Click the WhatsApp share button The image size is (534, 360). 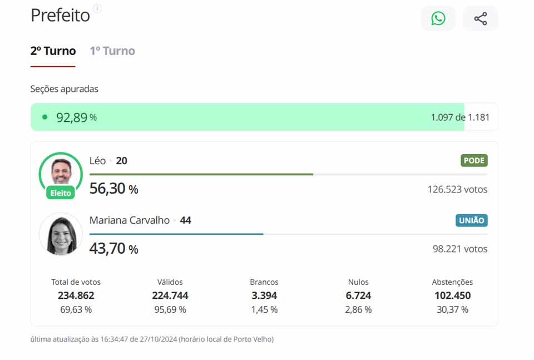438,18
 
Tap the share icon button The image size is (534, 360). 481,18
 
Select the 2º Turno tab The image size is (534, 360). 53,51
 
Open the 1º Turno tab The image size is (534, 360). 112,51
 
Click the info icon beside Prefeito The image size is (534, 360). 97,8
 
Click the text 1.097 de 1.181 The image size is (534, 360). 460,117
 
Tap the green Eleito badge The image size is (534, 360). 61,193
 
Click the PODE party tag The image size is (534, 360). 474,161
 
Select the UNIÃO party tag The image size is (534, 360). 472,220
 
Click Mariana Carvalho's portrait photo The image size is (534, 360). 61,234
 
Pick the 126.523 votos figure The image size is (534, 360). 457,190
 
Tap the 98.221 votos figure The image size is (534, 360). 460,249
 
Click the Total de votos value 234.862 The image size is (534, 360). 76,295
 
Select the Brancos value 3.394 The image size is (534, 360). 264,295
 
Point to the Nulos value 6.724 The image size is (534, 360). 358,295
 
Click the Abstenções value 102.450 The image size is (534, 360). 452,295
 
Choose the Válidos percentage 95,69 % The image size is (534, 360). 170,309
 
